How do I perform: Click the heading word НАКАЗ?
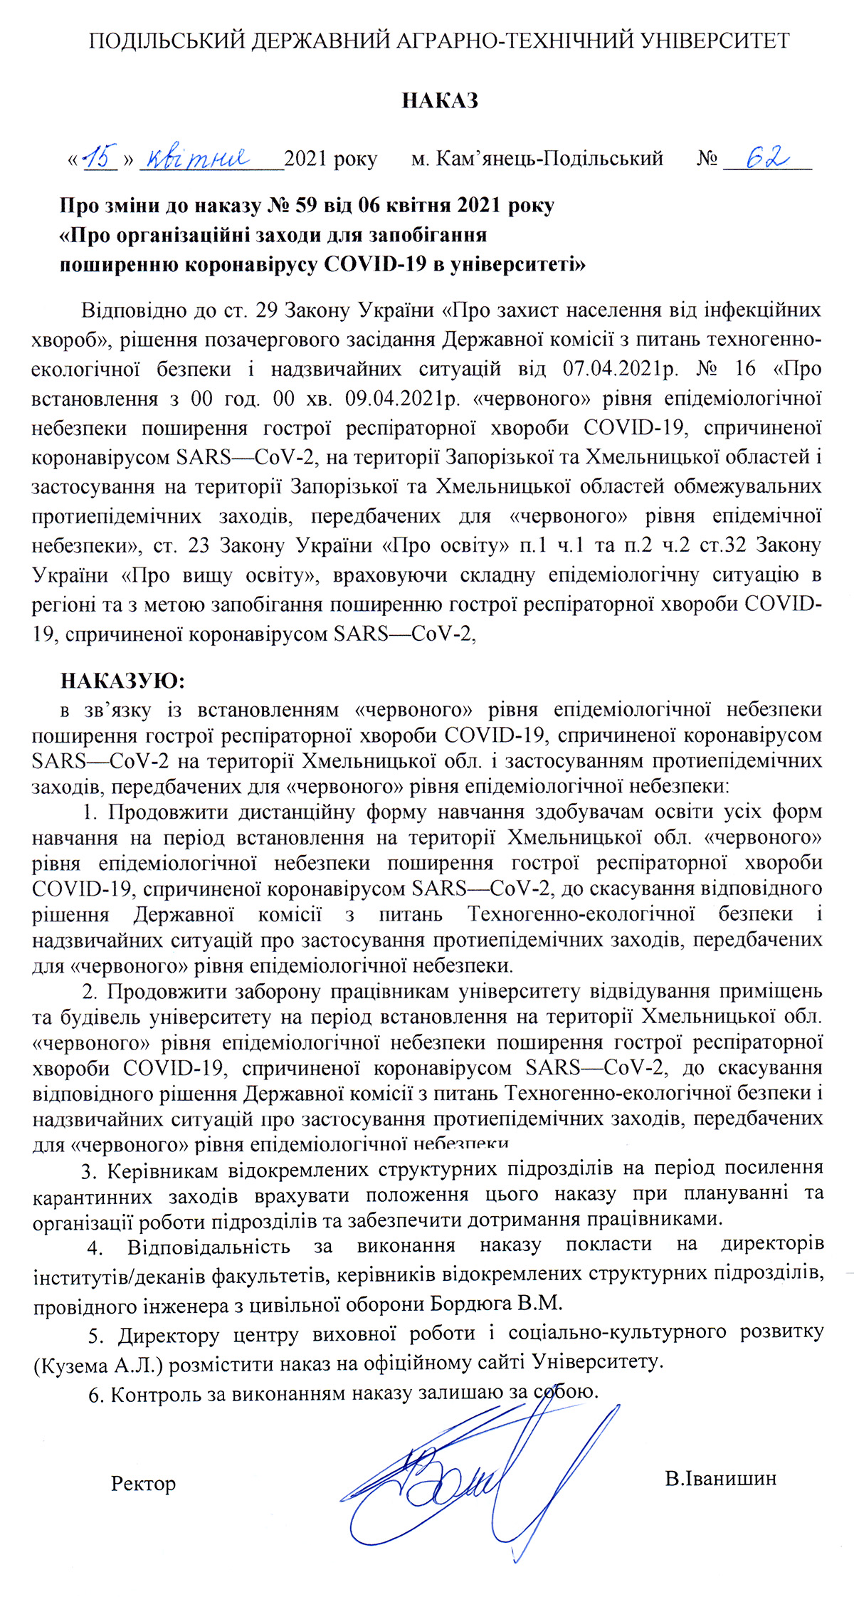pos(439,100)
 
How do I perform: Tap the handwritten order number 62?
pos(766,156)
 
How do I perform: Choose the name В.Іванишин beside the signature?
pos(720,1478)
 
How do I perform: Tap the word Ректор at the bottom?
pos(143,1483)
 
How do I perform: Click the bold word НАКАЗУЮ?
pos(122,681)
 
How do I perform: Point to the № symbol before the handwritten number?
pos(707,158)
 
